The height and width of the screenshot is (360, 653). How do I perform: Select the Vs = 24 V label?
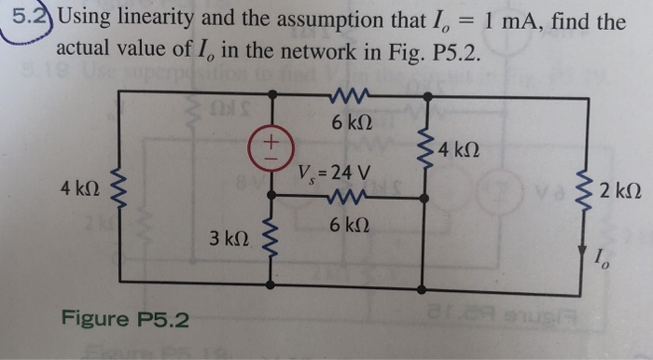(x=333, y=173)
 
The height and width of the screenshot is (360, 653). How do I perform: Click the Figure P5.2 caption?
(x=125, y=320)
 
